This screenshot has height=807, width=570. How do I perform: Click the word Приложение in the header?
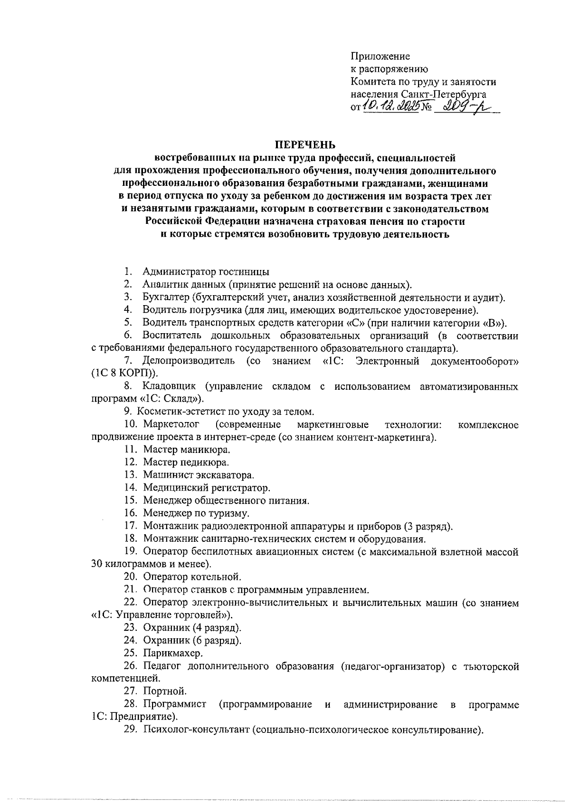click(x=380, y=57)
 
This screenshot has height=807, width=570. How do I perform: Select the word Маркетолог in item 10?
click(x=171, y=424)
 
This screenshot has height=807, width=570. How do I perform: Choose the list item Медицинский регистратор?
click(x=207, y=488)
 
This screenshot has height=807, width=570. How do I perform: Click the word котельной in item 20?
click(x=217, y=577)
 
